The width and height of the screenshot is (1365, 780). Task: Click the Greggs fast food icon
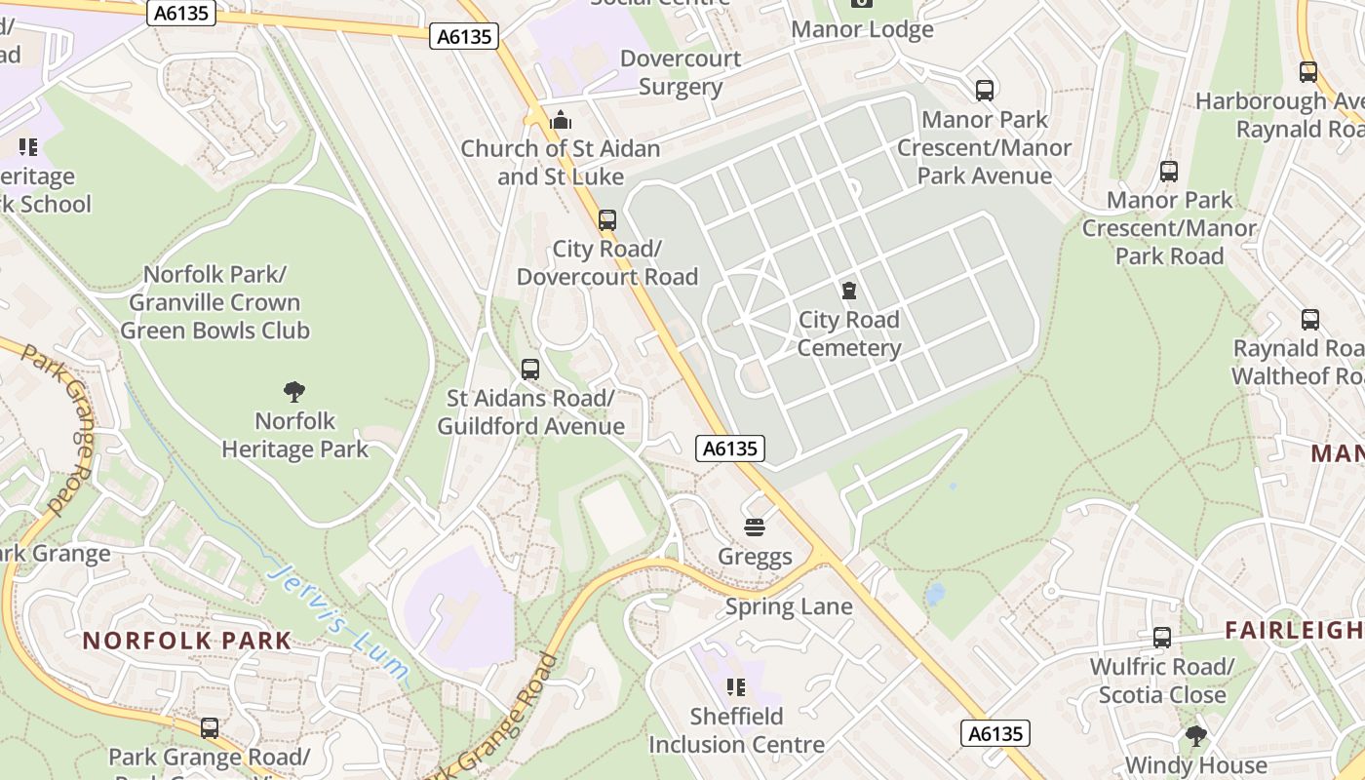(x=754, y=527)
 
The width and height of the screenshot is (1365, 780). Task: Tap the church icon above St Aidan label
(x=561, y=120)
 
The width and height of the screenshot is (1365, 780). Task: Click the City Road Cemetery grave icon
(x=849, y=291)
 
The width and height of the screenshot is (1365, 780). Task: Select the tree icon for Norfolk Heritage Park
(x=294, y=392)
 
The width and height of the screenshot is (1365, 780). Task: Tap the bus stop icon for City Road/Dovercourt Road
(x=607, y=220)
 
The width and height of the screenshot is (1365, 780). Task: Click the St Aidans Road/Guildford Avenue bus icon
(x=530, y=370)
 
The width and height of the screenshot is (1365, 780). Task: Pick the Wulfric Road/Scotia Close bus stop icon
(x=1161, y=638)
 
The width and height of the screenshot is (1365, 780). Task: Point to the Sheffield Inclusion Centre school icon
(x=736, y=687)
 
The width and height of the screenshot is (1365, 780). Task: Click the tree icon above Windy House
(x=1195, y=735)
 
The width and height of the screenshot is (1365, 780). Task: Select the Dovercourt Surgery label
(x=681, y=72)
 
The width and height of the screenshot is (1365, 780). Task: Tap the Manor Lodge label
(x=862, y=29)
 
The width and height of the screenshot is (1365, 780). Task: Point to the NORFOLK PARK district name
(x=187, y=641)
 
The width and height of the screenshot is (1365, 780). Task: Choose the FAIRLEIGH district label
(x=1294, y=630)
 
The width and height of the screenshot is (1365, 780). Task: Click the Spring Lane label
(x=789, y=606)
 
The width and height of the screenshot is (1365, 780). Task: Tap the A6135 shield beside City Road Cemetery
(x=730, y=448)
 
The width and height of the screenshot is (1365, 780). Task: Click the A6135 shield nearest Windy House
(x=995, y=733)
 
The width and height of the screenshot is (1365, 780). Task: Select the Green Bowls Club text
(x=214, y=331)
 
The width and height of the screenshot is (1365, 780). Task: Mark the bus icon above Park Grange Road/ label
(x=210, y=727)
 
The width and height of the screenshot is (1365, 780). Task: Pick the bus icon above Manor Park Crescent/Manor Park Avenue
(x=985, y=91)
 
